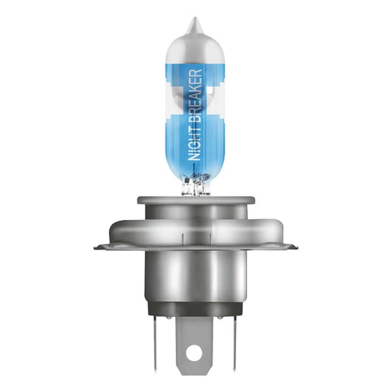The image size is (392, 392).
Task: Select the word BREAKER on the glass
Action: point(194,96)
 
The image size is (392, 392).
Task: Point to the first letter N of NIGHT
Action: point(194,156)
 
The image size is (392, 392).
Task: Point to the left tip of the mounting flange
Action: point(98,247)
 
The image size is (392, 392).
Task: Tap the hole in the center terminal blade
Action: point(195,354)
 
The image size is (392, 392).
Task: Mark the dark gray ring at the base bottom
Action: point(195,309)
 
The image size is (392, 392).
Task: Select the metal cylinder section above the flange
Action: point(195,217)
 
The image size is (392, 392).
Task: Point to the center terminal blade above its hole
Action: point(195,335)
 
